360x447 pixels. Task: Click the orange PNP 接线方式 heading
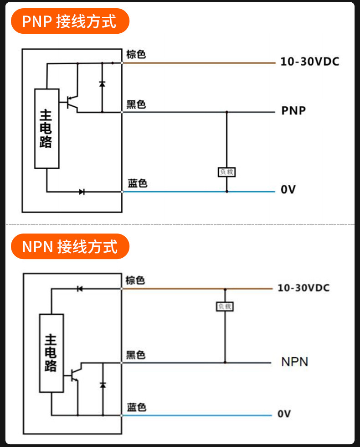pyautogui.click(x=70, y=21)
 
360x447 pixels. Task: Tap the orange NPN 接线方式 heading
pyautogui.click(x=70, y=246)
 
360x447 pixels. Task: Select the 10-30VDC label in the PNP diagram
pyautogui.click(x=310, y=62)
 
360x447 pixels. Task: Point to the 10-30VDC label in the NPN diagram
pyautogui.click(x=303, y=288)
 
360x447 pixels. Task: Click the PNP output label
pyautogui.click(x=293, y=110)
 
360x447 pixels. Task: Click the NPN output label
pyautogui.click(x=295, y=362)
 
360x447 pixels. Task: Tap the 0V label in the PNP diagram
pyautogui.click(x=288, y=189)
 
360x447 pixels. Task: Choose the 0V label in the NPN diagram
pyautogui.click(x=284, y=414)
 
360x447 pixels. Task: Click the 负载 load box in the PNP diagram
pyautogui.click(x=227, y=172)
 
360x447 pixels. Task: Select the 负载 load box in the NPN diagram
pyautogui.click(x=225, y=307)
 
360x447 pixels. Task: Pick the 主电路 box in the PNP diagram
pyautogui.click(x=46, y=129)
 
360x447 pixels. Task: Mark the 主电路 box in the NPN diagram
pyautogui.click(x=51, y=353)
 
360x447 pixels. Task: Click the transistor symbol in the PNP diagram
pyautogui.click(x=71, y=103)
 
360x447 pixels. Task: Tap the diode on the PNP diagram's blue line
pyautogui.click(x=82, y=192)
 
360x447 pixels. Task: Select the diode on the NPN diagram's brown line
pyautogui.click(x=80, y=289)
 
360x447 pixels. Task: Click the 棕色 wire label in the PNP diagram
pyautogui.click(x=136, y=54)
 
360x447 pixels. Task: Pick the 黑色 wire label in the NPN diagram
pyautogui.click(x=136, y=355)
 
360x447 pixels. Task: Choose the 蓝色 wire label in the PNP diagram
pyautogui.click(x=137, y=183)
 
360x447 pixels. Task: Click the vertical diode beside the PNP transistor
pyautogui.click(x=102, y=84)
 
